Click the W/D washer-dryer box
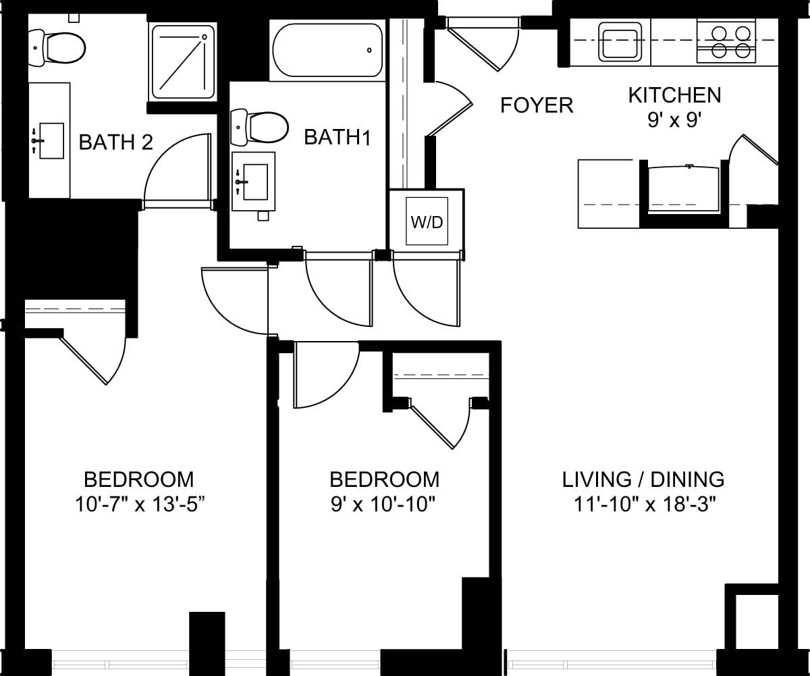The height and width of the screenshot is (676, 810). click(x=426, y=222)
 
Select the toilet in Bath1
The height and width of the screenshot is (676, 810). click(x=261, y=126)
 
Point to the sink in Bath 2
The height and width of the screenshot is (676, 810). click(x=50, y=140)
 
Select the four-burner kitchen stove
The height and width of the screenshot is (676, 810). click(x=726, y=42)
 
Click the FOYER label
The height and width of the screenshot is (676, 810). click(x=537, y=105)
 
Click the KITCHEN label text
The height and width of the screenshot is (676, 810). click(x=674, y=95)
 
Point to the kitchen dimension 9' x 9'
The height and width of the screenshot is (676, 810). click(x=674, y=120)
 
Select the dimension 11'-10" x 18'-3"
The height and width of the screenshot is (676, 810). click(x=643, y=504)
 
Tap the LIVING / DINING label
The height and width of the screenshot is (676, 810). click(x=643, y=479)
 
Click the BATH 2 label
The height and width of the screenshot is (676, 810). click(x=115, y=142)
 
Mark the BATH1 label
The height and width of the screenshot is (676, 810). click(x=337, y=137)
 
